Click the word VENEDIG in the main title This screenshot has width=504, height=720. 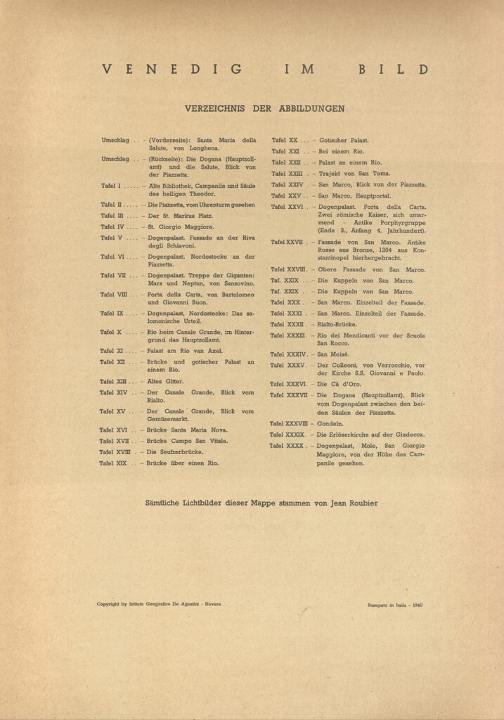click(x=172, y=69)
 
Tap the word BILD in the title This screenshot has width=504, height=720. click(x=403, y=69)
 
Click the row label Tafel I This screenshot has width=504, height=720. click(x=111, y=186)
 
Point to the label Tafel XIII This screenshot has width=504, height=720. click(x=112, y=381)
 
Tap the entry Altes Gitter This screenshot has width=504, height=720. click(x=165, y=381)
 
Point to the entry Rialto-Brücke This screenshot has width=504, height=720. click(x=337, y=324)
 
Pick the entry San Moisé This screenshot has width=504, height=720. click(x=333, y=354)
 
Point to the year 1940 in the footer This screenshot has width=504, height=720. click(x=418, y=604)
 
